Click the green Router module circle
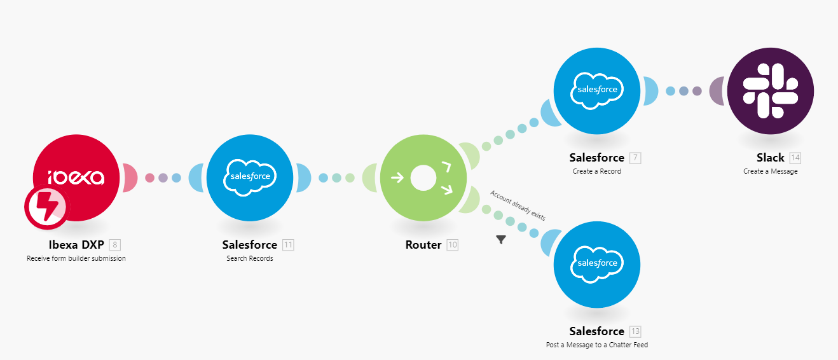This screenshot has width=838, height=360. pyautogui.click(x=423, y=177)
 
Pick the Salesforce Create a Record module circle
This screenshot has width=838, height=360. pyautogui.click(x=597, y=90)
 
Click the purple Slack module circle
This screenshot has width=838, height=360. pyautogui.click(x=771, y=90)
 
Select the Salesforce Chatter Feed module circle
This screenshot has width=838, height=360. pyautogui.click(x=597, y=264)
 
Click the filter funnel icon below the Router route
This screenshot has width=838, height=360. pyautogui.click(x=501, y=240)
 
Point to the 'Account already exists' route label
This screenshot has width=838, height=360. pyautogui.click(x=518, y=205)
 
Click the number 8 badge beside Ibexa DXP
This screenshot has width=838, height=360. pyautogui.click(x=114, y=245)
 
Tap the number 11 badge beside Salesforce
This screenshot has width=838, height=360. pyautogui.click(x=288, y=245)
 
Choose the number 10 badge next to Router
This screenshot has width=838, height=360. pyautogui.click(x=452, y=245)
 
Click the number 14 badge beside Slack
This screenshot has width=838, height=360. pyautogui.click(x=795, y=158)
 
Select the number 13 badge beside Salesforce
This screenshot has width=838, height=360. pyautogui.click(x=635, y=331)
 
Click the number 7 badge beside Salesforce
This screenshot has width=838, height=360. pyautogui.click(x=635, y=158)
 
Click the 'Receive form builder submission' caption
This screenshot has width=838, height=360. pyautogui.click(x=76, y=258)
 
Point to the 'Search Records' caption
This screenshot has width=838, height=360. pyautogui.click(x=250, y=258)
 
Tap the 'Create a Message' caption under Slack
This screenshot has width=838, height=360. pyautogui.click(x=771, y=171)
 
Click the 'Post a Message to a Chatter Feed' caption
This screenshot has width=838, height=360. pyautogui.click(x=597, y=345)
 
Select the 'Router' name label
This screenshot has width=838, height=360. pyautogui.click(x=423, y=245)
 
